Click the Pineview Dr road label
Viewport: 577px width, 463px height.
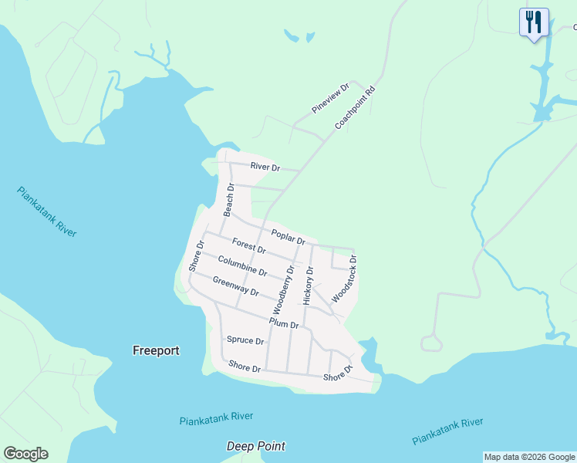[x=331, y=99]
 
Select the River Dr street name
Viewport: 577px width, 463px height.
[x=264, y=167]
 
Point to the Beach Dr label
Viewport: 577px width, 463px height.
[x=228, y=199]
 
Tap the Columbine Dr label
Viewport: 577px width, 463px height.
[x=242, y=266]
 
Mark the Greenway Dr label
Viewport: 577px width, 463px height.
[x=235, y=286]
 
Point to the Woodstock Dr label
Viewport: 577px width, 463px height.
[x=345, y=279]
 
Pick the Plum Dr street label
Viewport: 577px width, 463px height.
[x=283, y=324]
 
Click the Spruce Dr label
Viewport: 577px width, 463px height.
[x=245, y=340]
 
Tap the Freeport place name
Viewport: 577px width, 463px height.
[x=156, y=350]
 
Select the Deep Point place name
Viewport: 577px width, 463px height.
[x=256, y=446]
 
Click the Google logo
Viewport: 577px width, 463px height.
[x=25, y=454]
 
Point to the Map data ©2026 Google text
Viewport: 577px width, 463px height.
[x=530, y=457]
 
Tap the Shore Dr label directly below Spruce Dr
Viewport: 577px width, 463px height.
[x=245, y=368]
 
